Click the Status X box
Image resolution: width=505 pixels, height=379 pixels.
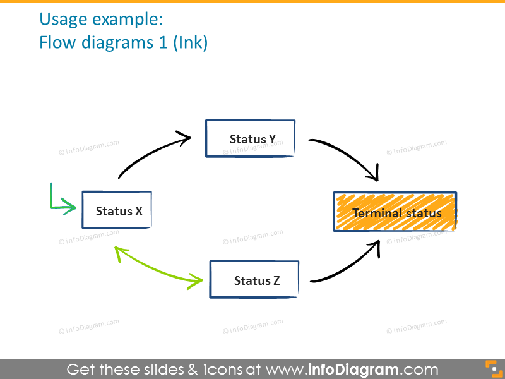click(x=117, y=210)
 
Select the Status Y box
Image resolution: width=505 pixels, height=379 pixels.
click(x=250, y=138)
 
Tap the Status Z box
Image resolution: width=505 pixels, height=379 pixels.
click(x=254, y=280)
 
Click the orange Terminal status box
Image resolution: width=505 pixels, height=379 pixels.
click(x=395, y=212)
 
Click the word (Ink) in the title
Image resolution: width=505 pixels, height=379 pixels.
click(x=191, y=43)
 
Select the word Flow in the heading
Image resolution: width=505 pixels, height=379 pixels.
click(x=56, y=43)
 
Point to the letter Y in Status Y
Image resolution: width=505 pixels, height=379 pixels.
click(x=272, y=139)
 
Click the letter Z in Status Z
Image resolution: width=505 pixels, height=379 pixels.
click(x=276, y=280)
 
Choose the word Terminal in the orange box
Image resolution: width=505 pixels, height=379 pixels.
click(x=375, y=213)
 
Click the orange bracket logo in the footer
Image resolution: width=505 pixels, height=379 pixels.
click(x=491, y=368)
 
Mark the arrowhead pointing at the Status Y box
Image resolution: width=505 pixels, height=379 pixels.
click(x=184, y=137)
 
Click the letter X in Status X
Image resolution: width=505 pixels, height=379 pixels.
click(x=138, y=211)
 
